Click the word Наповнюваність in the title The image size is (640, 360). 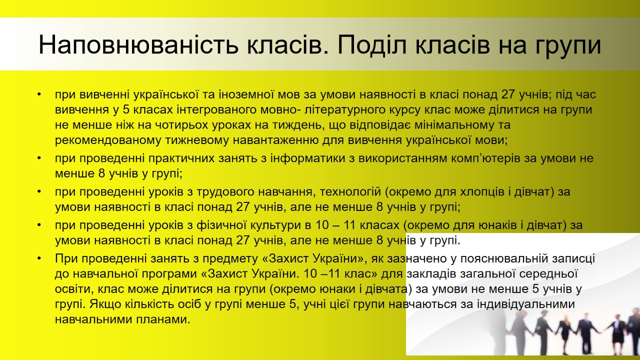pos(138,45)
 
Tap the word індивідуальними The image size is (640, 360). pos(525,304)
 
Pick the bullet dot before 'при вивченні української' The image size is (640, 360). pos(39,94)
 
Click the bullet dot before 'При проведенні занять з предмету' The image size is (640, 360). pos(39,258)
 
